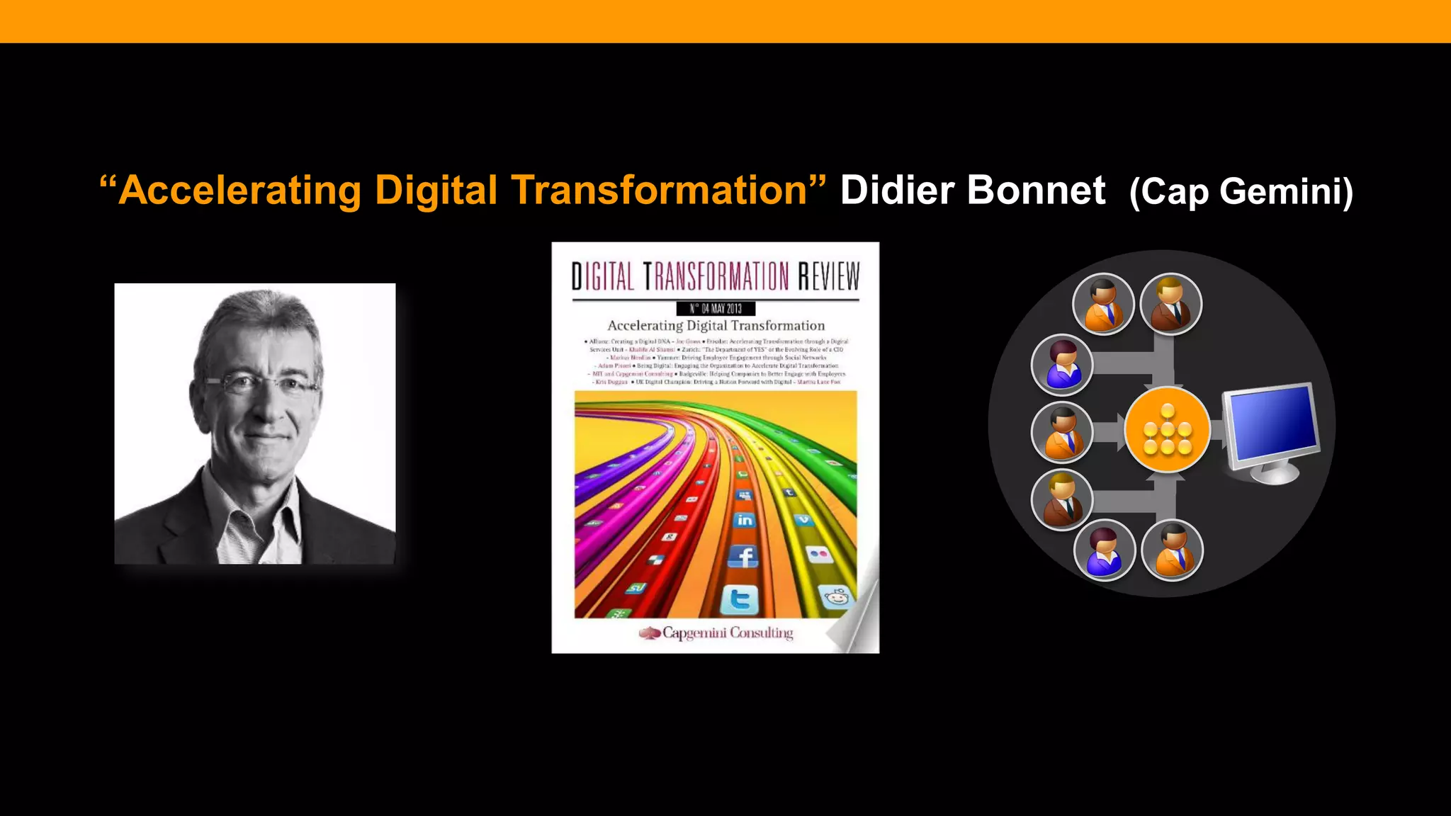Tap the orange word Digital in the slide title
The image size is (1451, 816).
click(x=436, y=191)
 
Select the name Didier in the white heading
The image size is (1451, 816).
click(x=897, y=191)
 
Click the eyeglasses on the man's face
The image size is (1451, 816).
click(x=261, y=385)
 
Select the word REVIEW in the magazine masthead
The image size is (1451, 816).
click(x=828, y=276)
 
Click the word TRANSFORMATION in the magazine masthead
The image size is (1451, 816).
click(x=716, y=276)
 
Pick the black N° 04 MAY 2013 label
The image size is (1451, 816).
click(x=716, y=308)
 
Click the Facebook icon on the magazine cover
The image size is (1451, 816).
click(x=743, y=557)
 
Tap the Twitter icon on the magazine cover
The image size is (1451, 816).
click(x=740, y=600)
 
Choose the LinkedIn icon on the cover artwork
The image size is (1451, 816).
click(x=744, y=520)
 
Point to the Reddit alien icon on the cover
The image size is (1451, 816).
click(x=837, y=596)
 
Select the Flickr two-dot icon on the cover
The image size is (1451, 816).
click(x=820, y=554)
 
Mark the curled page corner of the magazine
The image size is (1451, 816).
click(x=859, y=623)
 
